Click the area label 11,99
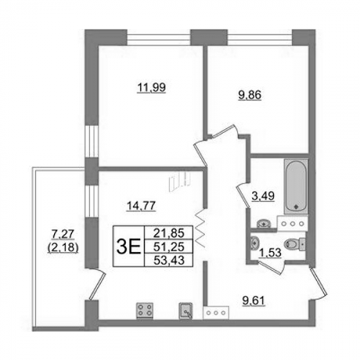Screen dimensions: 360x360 [x=151, y=88]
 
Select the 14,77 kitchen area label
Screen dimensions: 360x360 [x=141, y=206]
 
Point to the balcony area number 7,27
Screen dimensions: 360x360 [x=63, y=234]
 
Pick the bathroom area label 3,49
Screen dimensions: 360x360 [x=263, y=196]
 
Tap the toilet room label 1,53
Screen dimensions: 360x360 [x=270, y=253]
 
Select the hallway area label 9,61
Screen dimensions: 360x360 [x=254, y=301]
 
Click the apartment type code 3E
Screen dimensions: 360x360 [x=128, y=247]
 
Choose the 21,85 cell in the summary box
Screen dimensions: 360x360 [x=168, y=233]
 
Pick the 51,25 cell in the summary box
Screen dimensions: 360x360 [x=168, y=246]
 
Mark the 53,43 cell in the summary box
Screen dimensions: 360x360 [x=168, y=260]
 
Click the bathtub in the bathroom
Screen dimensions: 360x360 [x=296, y=186]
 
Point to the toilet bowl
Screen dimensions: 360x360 [x=294, y=244]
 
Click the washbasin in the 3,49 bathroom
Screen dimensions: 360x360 [x=264, y=224]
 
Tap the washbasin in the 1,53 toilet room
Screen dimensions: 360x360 [x=254, y=243]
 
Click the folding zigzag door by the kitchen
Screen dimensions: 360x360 [x=201, y=228]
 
